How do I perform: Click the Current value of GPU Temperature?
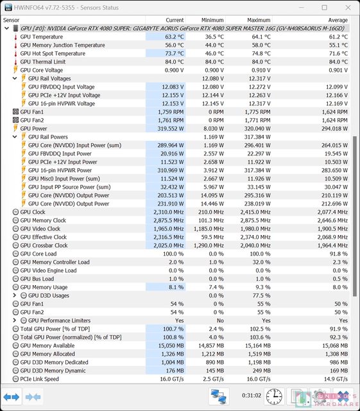coord(175,37)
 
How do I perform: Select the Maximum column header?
coord(259,20)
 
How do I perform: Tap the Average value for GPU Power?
coord(334,128)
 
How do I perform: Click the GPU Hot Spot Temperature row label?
coord(53,53)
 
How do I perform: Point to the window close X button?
coord(348,8)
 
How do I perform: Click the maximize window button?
coord(324,8)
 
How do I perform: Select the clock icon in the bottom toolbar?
coord(274,396)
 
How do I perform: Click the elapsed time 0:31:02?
coord(252,396)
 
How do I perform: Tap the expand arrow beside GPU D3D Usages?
coord(15,295)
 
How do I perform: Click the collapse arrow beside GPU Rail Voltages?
coord(15,78)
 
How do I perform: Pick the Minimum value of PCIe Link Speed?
coord(213,379)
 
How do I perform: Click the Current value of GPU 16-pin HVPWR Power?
coord(171,170)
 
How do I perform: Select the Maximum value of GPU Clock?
coord(255,212)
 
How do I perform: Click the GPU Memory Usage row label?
coord(44,287)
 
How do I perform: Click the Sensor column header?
coord(12,20)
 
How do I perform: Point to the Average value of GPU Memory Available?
coord(335,345)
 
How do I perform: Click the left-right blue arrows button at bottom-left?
coord(12,397)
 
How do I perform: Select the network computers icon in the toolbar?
coord(219,396)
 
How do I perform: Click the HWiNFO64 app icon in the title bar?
coord(8,7)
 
